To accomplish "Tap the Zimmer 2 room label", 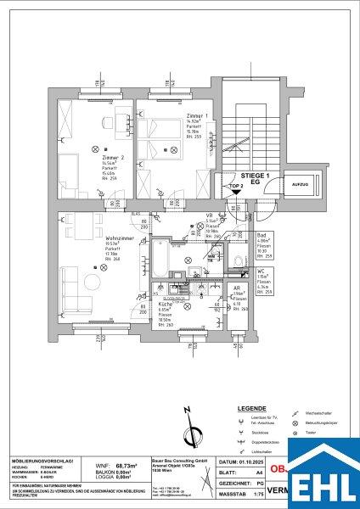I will [x=110, y=159].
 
